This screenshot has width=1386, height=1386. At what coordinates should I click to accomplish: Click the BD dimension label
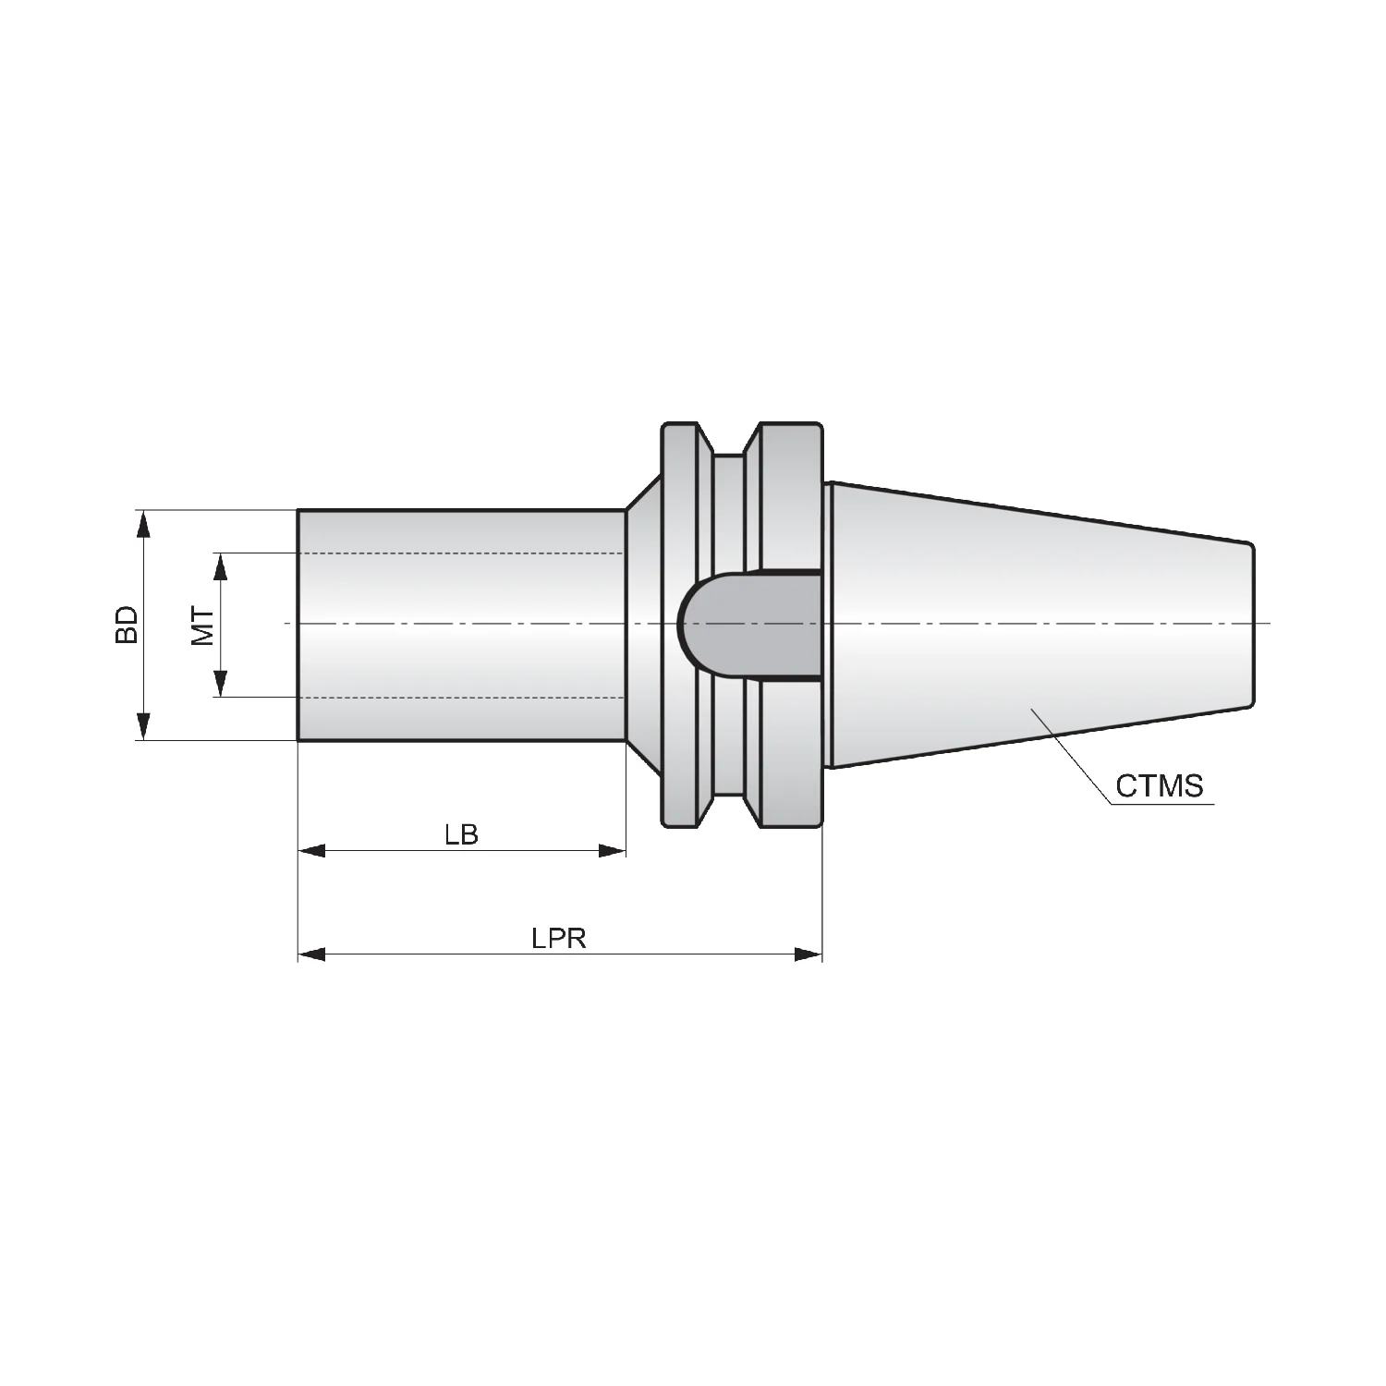[x=127, y=625]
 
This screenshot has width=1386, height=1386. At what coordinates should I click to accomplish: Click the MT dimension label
[x=203, y=626]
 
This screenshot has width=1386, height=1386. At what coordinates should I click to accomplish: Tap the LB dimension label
[x=461, y=834]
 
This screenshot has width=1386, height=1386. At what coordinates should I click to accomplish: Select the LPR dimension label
[x=559, y=939]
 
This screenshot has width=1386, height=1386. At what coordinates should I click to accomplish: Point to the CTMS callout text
[x=1160, y=785]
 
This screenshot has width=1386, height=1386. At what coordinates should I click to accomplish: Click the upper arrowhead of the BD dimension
[x=142, y=523]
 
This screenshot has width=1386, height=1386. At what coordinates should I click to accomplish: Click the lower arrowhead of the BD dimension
[x=142, y=726]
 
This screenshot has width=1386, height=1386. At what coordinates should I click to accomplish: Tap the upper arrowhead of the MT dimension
[x=220, y=566]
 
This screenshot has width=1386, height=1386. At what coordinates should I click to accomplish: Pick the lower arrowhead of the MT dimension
[x=220, y=684]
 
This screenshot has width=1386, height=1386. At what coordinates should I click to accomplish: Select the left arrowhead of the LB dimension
[x=311, y=850]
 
